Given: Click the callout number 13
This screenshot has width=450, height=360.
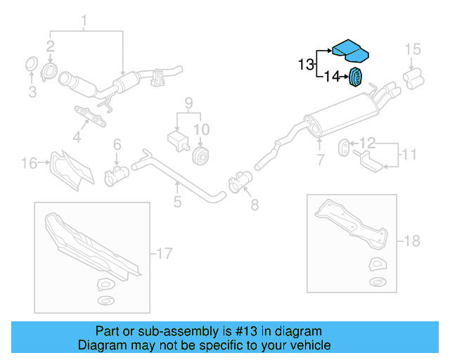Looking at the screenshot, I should pos(305,65).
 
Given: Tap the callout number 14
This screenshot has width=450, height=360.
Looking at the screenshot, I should pos(332,77).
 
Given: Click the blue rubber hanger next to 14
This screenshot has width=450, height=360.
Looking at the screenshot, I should pos(356,77).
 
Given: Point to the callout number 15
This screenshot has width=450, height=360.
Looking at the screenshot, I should pos(413,49).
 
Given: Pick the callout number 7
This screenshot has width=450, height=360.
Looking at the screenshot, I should pos(320,160).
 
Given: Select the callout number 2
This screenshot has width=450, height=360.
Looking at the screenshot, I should pos(51,46).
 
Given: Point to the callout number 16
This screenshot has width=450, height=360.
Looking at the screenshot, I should pos(29,164).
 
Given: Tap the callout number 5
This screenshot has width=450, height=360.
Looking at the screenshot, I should pos(177,203).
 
